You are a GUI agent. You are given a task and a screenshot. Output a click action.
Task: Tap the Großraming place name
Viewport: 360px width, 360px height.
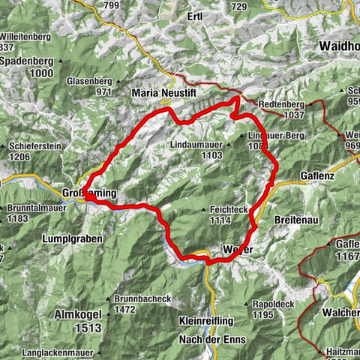coord(91,193)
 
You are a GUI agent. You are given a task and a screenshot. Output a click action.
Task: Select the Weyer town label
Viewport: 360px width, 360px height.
coord(236,248)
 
